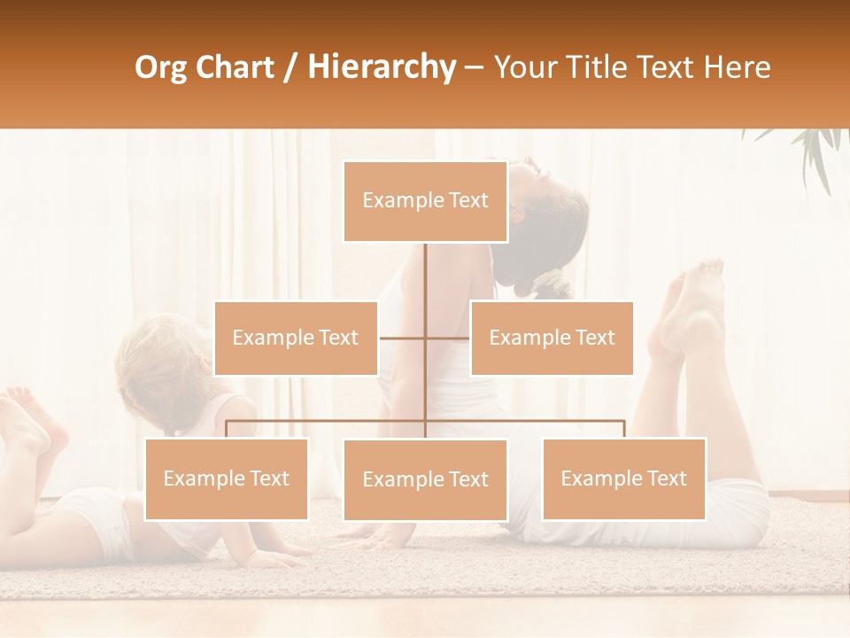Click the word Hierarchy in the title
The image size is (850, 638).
381,67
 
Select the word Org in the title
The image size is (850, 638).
162,67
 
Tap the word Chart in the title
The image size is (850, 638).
234,67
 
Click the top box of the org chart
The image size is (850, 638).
425,201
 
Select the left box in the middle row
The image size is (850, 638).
296,338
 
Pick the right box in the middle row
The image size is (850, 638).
552,338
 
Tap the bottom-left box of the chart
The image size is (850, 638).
226,478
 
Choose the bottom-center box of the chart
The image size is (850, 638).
425,479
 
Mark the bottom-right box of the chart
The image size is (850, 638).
623,478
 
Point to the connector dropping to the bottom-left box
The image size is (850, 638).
226,429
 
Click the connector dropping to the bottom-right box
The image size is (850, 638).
623,429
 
